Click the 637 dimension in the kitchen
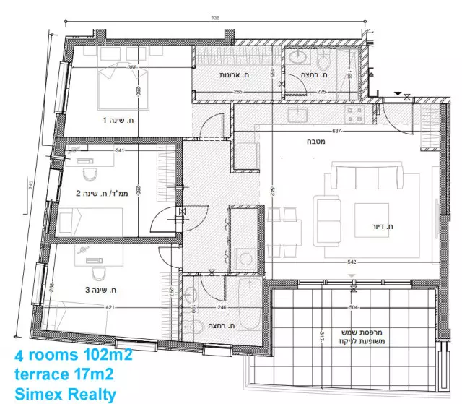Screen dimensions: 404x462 pyautogui.click(x=336, y=131)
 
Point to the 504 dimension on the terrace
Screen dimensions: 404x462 pyautogui.click(x=354, y=307)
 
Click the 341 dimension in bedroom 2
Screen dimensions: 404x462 pyautogui.click(x=119, y=151)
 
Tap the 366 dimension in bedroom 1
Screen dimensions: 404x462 pyautogui.click(x=132, y=68)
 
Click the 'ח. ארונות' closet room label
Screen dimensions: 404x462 pyautogui.click(x=232, y=75)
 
